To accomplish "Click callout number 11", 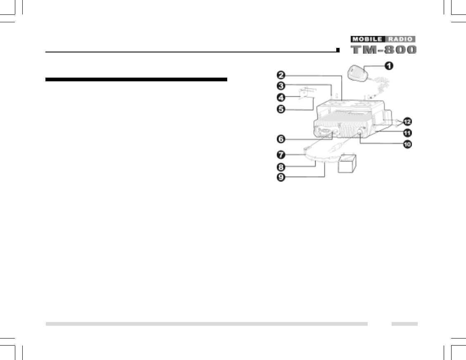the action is tap(408, 133).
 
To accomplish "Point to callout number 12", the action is tap(408, 122).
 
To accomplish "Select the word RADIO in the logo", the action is tap(399, 39).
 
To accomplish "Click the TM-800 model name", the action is tap(384, 49).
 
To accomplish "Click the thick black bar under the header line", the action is tap(136, 79).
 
